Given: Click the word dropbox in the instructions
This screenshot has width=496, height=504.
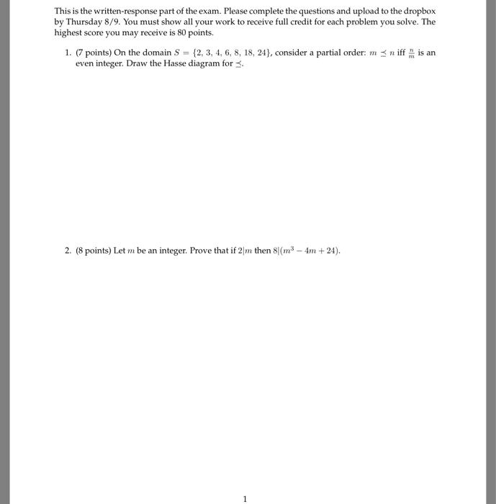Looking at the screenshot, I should [418, 13].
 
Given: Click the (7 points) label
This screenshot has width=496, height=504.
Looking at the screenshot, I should [96, 53].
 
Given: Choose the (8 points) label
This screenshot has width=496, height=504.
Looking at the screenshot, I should [96, 251].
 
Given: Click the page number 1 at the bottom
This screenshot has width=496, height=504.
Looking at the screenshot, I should [245, 498].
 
